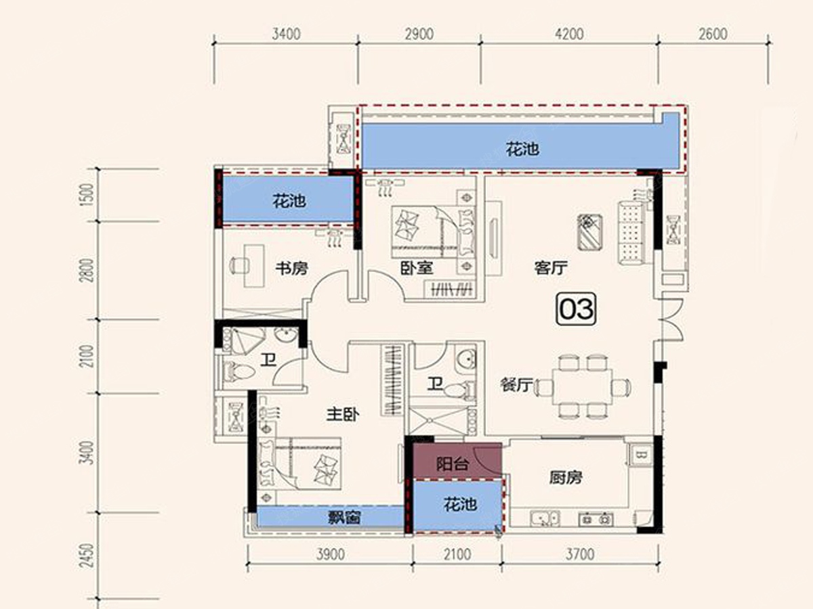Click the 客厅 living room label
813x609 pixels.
[551, 268]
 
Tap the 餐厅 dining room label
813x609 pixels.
[516, 385]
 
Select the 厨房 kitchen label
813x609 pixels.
[566, 478]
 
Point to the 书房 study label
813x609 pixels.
[292, 268]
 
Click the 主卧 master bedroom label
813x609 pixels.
[343, 415]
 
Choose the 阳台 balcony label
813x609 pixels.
[453, 464]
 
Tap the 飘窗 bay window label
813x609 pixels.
[344, 517]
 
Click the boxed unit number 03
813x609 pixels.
[577, 309]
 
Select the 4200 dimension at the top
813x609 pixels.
[570, 34]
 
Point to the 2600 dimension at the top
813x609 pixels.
[713, 34]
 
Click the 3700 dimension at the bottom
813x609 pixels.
[580, 555]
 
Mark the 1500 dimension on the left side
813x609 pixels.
[87, 195]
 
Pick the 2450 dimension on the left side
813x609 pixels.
[87, 556]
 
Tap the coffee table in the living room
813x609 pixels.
[590, 232]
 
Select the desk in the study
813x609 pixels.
[254, 265]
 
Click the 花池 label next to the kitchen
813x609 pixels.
[461, 504]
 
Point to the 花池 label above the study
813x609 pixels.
[289, 201]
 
